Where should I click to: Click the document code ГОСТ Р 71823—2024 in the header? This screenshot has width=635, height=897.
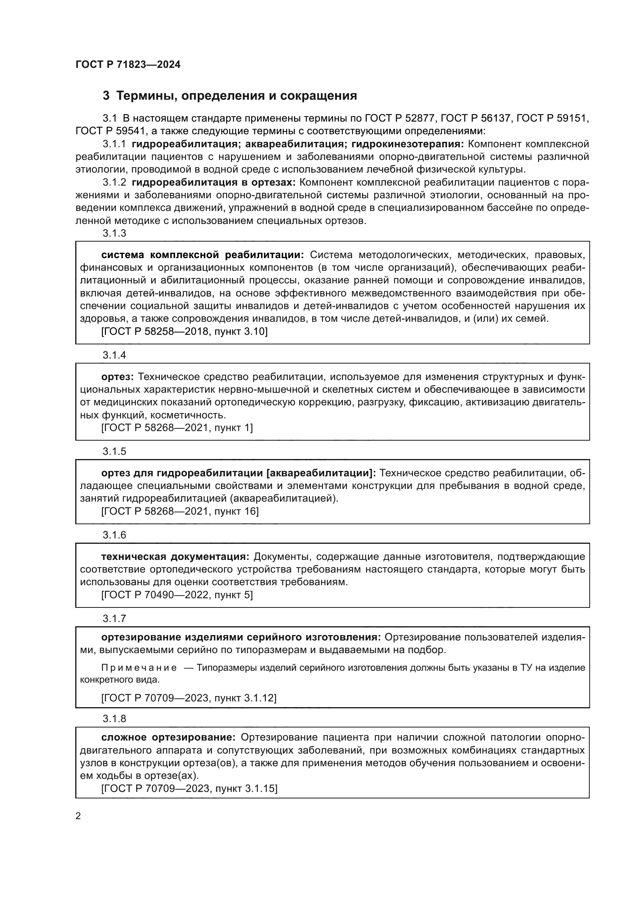click(x=128, y=65)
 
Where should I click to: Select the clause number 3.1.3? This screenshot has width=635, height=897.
click(x=114, y=233)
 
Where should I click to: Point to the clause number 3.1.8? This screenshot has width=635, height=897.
click(x=114, y=718)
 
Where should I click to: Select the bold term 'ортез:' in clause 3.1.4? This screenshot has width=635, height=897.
click(x=117, y=377)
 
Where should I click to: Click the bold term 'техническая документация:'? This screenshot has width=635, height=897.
click(x=175, y=557)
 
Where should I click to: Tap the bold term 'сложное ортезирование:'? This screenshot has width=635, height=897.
click(x=168, y=737)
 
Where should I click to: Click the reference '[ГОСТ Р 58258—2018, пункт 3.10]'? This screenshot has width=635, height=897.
click(x=184, y=332)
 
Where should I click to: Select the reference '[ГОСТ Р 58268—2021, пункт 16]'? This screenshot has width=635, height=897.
click(x=180, y=512)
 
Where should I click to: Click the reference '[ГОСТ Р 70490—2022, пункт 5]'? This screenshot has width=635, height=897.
click(x=177, y=595)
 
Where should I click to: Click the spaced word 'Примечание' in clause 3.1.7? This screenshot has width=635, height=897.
click(x=139, y=668)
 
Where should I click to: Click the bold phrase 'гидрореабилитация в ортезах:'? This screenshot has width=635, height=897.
click(x=213, y=183)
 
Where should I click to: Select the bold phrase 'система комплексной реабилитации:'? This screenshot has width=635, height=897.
click(x=202, y=255)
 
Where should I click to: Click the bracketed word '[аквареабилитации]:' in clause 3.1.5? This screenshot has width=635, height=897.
click(x=321, y=473)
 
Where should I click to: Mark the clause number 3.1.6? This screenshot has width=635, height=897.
click(x=114, y=535)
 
